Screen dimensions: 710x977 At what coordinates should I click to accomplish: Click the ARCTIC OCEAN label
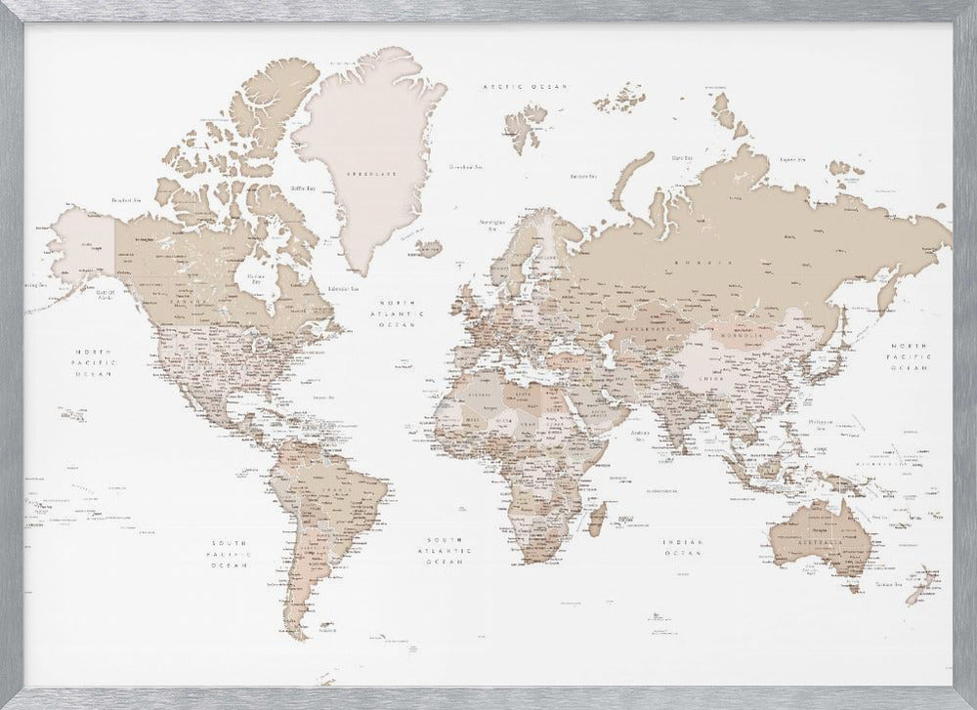(x=526, y=87)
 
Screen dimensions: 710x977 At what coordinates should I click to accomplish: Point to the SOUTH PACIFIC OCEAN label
(x=231, y=553)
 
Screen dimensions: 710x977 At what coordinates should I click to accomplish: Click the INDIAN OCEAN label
(x=681, y=547)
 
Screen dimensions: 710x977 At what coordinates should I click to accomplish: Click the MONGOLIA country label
(x=744, y=335)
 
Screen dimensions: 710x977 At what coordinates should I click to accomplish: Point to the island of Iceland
(x=428, y=248)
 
